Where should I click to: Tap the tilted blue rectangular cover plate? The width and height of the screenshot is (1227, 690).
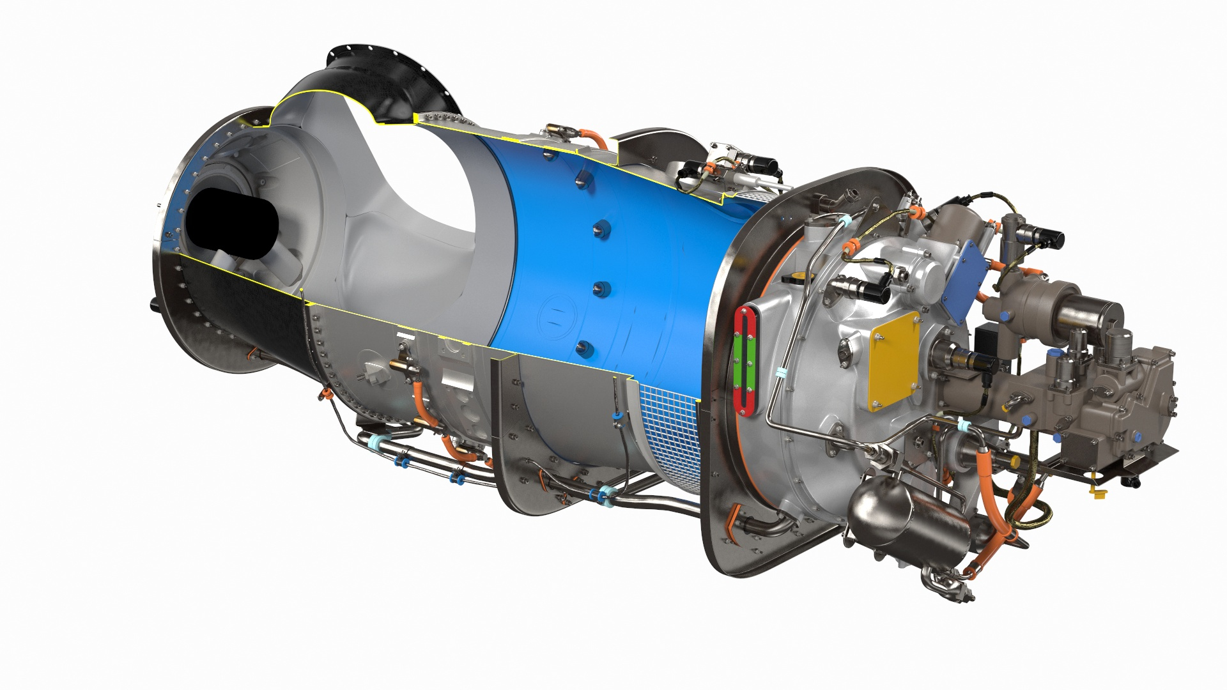point(964,282)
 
